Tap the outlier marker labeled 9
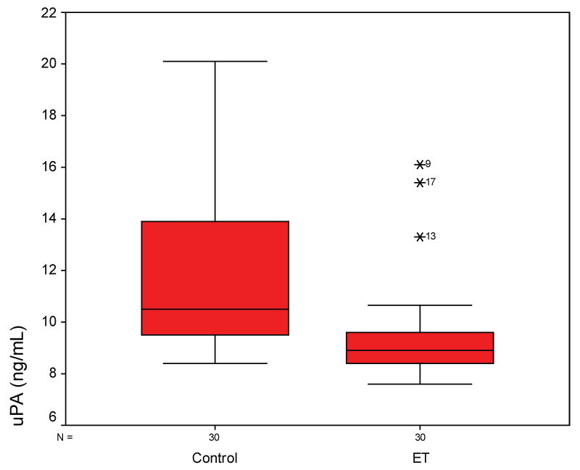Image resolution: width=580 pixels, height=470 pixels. pyautogui.click(x=420, y=165)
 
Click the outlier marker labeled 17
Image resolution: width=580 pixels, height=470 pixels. pyautogui.click(x=420, y=182)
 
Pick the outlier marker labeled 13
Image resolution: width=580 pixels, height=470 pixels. pyautogui.click(x=420, y=236)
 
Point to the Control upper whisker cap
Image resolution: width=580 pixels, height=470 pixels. pyautogui.click(x=215, y=62)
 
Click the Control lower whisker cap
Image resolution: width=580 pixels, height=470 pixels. pyautogui.click(x=215, y=363)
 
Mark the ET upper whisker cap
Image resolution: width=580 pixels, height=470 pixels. pyautogui.click(x=420, y=305)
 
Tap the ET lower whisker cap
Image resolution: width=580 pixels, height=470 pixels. pyautogui.click(x=420, y=384)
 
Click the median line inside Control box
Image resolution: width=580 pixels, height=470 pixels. pyautogui.click(x=215, y=309)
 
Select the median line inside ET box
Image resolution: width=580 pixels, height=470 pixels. pyautogui.click(x=420, y=350)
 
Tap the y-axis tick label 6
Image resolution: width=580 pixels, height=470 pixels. pyautogui.click(x=52, y=418)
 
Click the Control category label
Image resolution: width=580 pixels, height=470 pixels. pyautogui.click(x=215, y=458)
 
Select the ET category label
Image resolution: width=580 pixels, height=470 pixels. pyautogui.click(x=420, y=458)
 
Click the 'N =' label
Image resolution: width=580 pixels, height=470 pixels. pyautogui.click(x=65, y=437)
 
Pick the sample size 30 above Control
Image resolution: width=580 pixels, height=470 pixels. pyautogui.click(x=215, y=437)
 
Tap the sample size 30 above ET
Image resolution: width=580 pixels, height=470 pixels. pyautogui.click(x=420, y=437)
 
